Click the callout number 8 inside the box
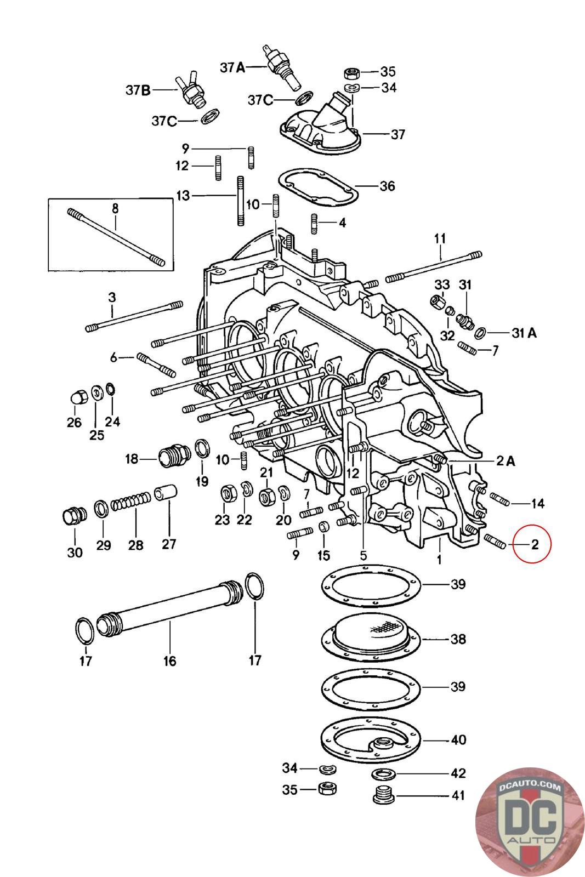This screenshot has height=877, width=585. (x=115, y=208)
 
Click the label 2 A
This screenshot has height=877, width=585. (x=505, y=461)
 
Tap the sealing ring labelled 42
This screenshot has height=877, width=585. (x=380, y=775)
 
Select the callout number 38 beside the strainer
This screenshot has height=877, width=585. (x=458, y=639)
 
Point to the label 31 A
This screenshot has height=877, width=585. (x=524, y=332)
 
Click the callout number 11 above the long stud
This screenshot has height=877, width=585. (x=440, y=238)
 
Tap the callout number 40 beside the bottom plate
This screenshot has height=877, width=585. (x=458, y=740)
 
